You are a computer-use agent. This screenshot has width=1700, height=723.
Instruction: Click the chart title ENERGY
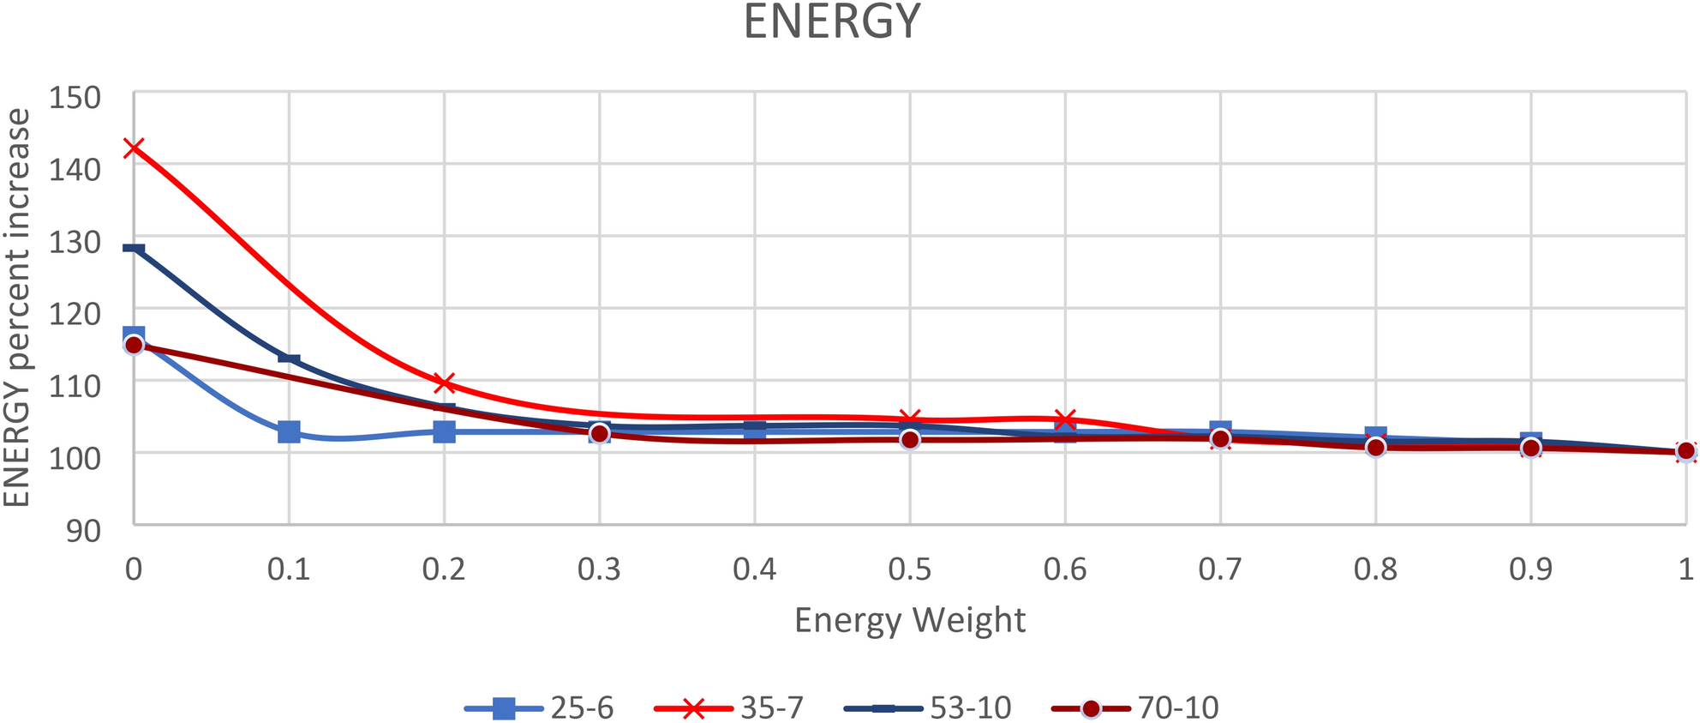pos(831,22)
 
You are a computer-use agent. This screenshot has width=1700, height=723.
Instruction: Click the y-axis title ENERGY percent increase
pos(17,307)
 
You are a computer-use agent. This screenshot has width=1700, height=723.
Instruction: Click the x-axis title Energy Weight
pos(909,620)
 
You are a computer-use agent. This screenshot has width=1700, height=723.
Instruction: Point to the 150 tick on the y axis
pos(75,98)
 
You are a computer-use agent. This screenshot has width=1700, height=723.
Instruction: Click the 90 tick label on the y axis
pos(83,531)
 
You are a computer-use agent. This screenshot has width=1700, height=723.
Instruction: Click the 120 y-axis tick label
pos(75,314)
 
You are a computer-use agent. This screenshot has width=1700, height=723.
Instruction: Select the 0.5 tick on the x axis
pos(909,569)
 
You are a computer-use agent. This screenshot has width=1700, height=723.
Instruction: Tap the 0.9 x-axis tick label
pos(1530,569)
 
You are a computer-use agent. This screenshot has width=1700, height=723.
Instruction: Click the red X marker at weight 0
pos(134,148)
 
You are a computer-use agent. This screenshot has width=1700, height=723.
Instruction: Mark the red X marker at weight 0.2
pos(444,383)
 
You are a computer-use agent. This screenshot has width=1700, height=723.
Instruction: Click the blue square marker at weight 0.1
pos(289,431)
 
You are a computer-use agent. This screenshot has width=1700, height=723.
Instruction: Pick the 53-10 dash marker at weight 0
pos(134,249)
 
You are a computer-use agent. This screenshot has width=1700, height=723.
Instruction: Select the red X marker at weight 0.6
pos(1065,419)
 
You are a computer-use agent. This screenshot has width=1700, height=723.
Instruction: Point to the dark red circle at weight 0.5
pos(910,439)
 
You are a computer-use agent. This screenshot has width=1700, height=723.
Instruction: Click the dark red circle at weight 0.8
pos(1375,447)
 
